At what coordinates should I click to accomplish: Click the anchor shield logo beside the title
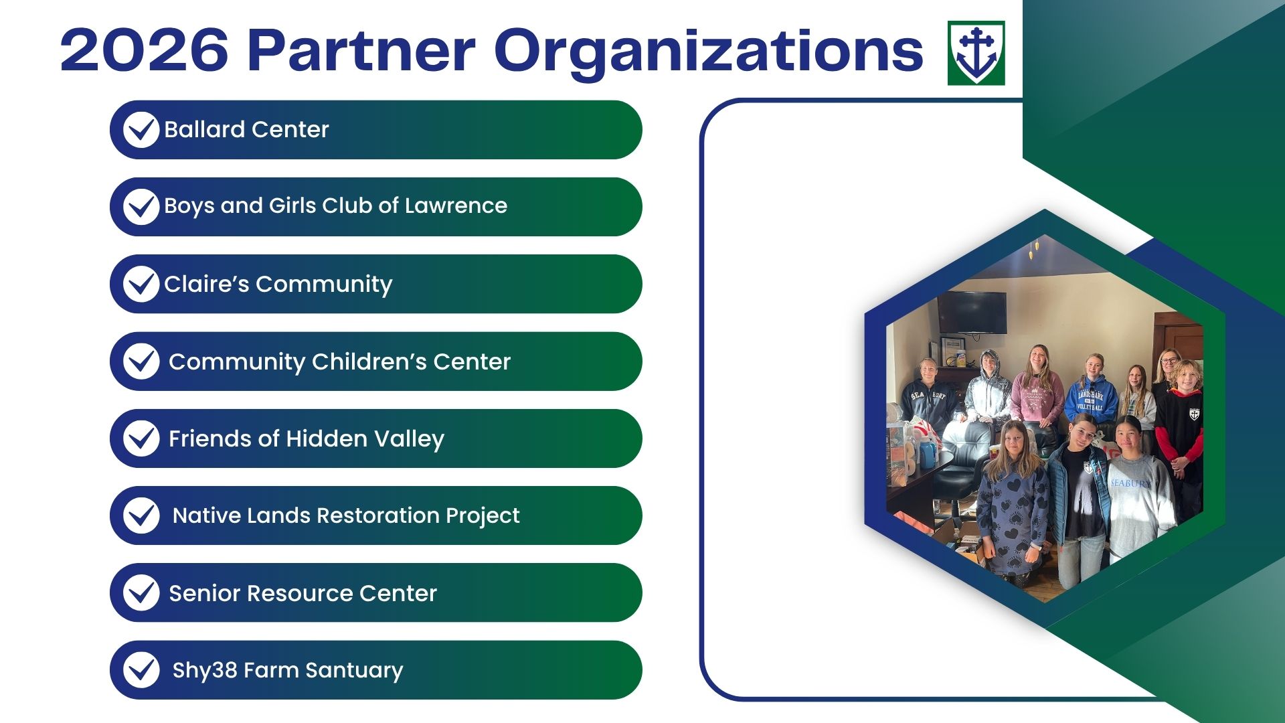click(976, 53)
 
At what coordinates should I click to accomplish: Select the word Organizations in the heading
click(709, 54)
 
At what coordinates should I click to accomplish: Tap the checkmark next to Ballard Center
click(141, 130)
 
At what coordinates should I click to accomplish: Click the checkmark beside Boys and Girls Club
click(141, 207)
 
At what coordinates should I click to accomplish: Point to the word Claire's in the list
click(206, 284)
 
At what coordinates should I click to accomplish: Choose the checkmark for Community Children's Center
click(141, 361)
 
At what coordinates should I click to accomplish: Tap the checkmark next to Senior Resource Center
click(141, 592)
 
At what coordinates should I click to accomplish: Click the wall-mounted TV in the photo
click(971, 312)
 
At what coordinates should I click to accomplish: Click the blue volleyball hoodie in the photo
click(1090, 400)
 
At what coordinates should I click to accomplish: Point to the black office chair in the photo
click(964, 462)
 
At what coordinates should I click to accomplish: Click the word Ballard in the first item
click(205, 129)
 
